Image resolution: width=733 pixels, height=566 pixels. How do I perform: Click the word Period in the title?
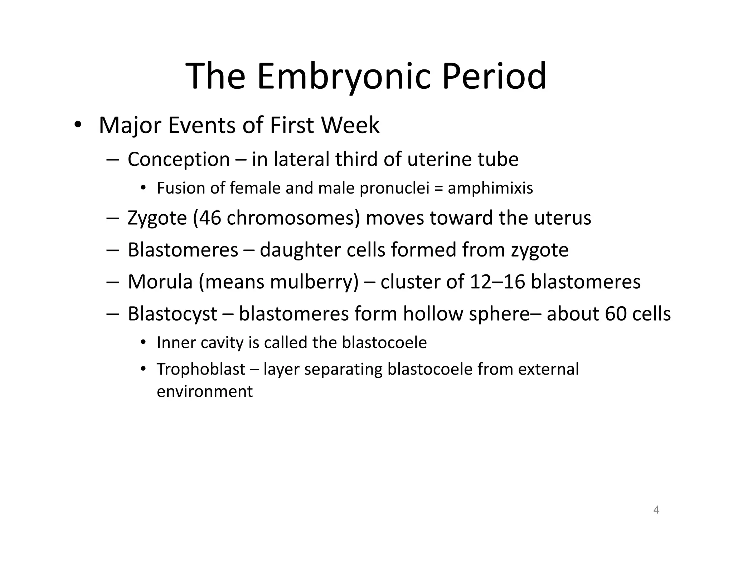pos(494,76)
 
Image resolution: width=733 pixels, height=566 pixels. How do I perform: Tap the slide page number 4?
pos(656,510)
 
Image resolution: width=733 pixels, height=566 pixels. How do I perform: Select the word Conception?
pos(179,159)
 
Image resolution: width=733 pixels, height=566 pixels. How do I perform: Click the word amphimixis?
pos(490,188)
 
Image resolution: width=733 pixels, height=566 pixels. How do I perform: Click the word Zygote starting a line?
pos(157,218)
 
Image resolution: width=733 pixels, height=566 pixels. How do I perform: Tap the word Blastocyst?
pos(172,314)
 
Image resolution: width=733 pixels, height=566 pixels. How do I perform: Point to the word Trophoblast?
pos(201,369)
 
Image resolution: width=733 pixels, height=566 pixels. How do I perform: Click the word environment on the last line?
pos(204,391)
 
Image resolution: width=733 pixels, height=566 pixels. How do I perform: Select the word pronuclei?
pos(394,188)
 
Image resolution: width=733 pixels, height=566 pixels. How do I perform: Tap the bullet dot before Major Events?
pos(78,125)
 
